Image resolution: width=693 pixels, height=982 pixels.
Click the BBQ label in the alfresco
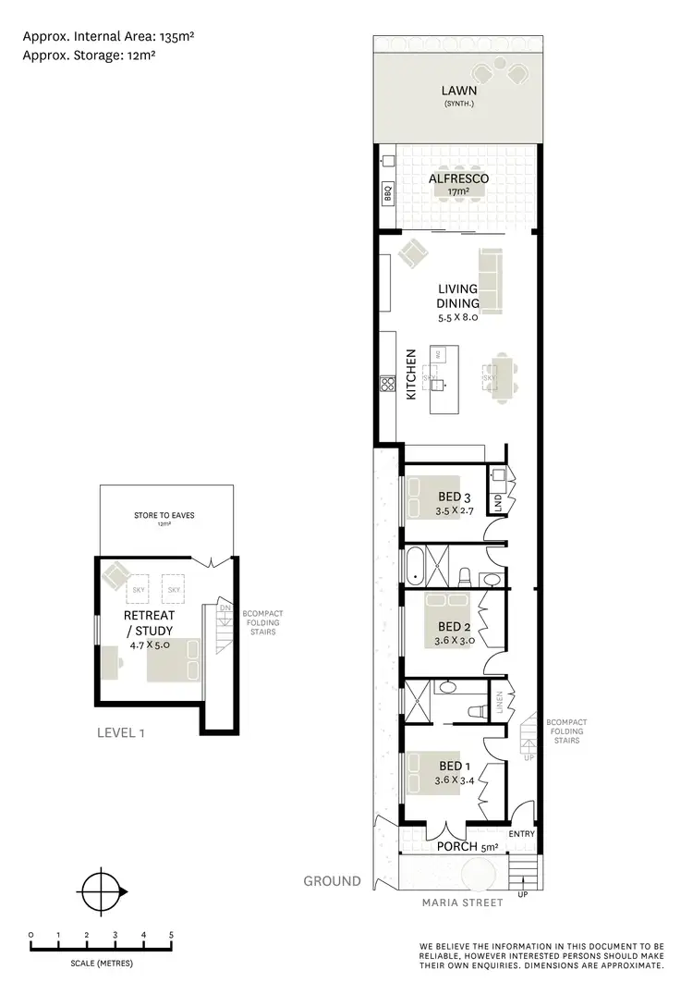click(x=388, y=194)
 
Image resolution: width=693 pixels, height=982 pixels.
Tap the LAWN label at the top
click(x=458, y=91)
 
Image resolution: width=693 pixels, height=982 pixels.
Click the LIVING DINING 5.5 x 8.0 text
click(x=458, y=302)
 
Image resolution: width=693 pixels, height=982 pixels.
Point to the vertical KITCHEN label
click(x=412, y=374)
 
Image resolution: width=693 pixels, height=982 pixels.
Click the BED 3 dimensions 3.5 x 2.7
click(x=455, y=509)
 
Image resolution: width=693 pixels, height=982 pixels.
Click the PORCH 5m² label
click(x=451, y=846)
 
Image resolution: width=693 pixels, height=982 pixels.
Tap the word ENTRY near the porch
click(x=521, y=834)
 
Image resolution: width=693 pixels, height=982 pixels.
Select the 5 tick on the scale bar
click(x=171, y=936)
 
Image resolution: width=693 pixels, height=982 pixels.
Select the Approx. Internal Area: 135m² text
click(x=107, y=36)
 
